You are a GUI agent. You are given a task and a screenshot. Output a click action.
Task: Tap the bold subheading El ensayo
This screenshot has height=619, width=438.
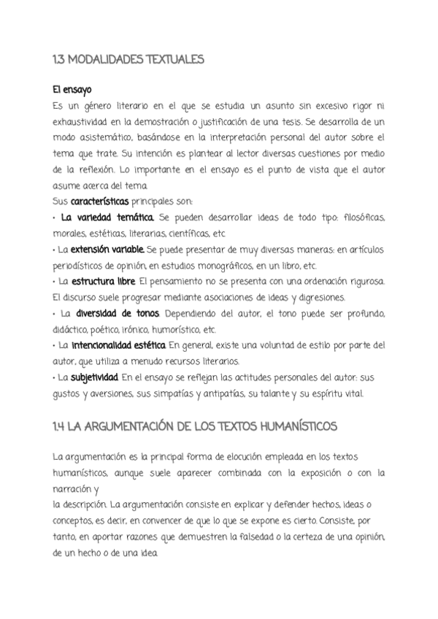[x=72, y=91]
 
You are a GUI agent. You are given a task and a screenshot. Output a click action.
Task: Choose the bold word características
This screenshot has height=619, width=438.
[x=100, y=201]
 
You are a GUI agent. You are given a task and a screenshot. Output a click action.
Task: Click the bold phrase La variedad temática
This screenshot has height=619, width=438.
[x=107, y=218]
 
